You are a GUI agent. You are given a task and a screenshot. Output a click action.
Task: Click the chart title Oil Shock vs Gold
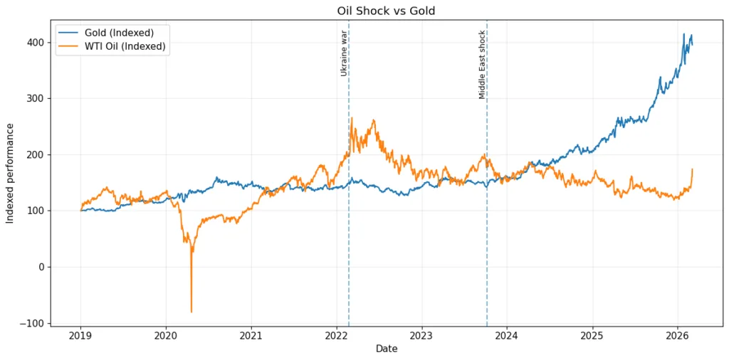click(385, 11)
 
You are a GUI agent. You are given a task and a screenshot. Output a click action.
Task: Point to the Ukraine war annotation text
click(343, 53)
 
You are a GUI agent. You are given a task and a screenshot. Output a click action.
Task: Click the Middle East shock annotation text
click(482, 65)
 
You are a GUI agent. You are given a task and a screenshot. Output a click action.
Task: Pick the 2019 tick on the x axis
click(80, 335)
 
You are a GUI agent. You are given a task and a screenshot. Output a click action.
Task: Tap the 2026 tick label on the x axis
click(677, 335)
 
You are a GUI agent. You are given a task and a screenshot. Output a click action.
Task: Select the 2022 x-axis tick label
click(336, 335)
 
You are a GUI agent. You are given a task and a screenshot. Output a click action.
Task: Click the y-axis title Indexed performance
click(10, 173)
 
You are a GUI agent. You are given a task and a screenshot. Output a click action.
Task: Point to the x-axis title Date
click(387, 349)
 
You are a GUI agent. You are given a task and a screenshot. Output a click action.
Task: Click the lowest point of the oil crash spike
click(192, 312)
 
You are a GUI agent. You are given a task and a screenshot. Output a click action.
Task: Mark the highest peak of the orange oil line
click(352, 118)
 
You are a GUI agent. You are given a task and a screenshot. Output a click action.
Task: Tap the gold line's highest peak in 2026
click(684, 33)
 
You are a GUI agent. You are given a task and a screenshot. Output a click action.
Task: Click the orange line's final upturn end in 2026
click(692, 169)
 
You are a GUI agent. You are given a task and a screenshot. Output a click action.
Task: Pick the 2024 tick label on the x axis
click(506, 335)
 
